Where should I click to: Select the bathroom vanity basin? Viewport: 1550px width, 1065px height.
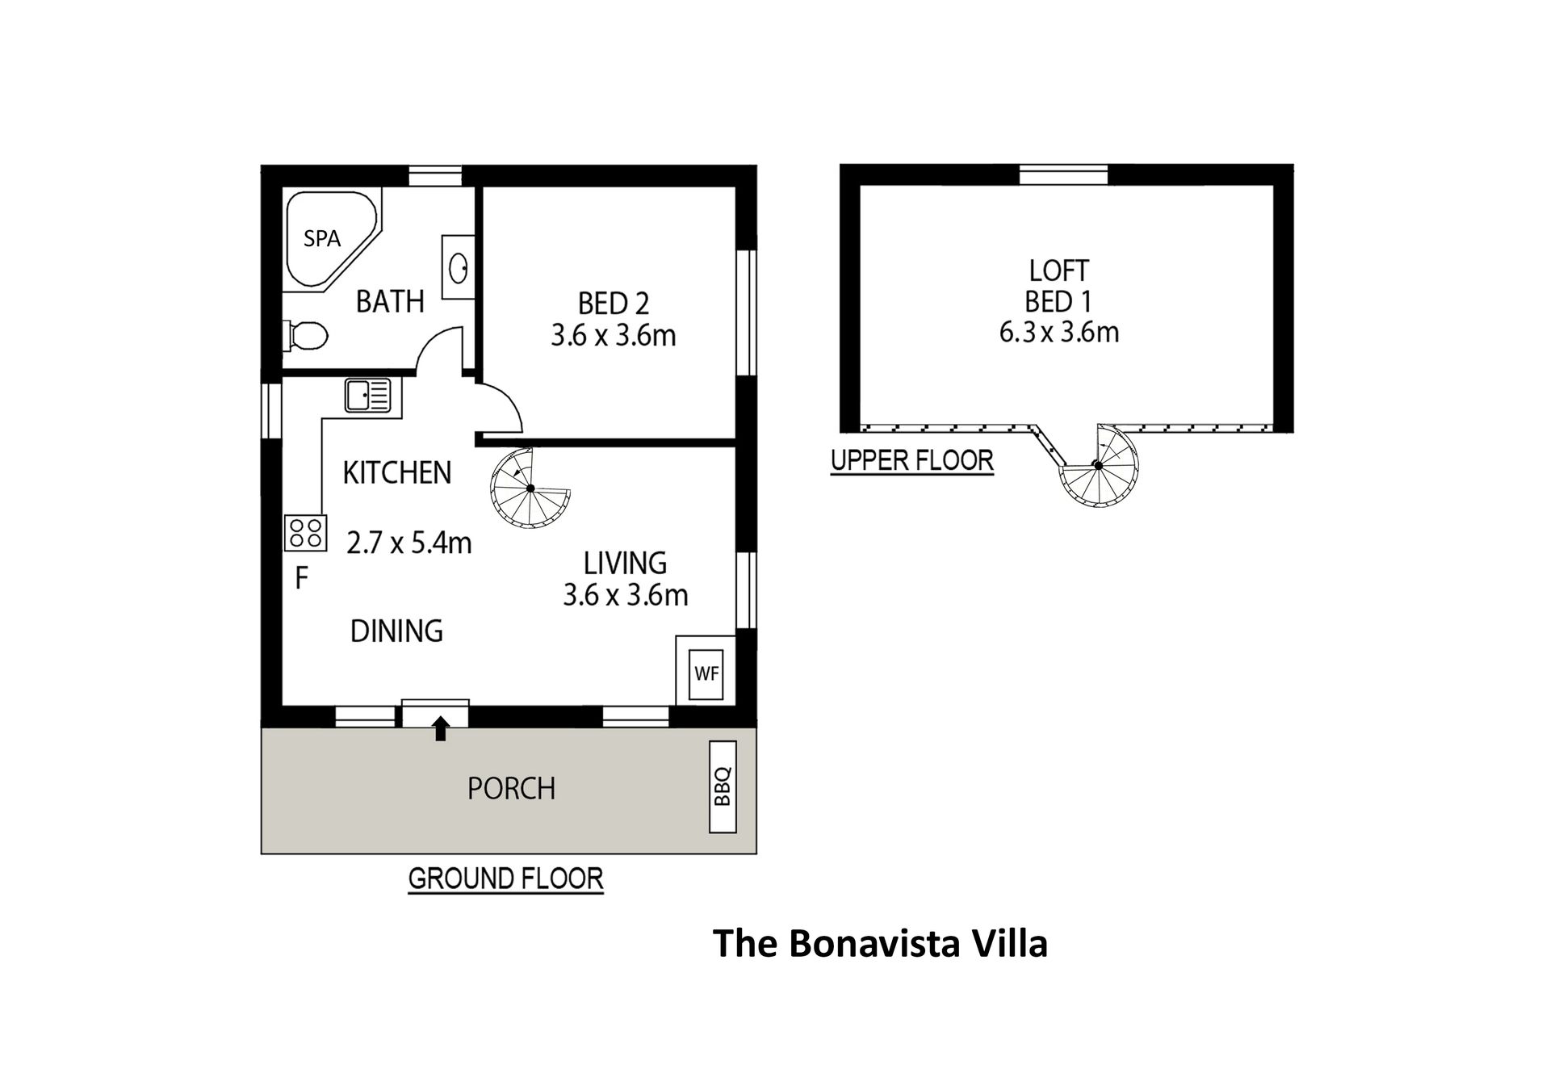tap(458, 267)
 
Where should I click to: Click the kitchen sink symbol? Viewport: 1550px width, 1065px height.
tap(368, 396)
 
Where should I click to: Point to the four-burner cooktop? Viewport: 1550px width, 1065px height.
tap(305, 533)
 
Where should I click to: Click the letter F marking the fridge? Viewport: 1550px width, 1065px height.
tap(302, 578)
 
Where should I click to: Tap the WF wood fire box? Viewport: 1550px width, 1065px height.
tap(706, 672)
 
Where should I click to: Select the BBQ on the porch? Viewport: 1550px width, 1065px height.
tap(723, 786)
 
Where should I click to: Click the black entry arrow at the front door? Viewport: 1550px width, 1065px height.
tap(440, 728)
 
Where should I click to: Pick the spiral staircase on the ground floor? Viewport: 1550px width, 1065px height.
tap(530, 488)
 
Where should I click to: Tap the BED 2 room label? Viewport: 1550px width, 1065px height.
tap(614, 304)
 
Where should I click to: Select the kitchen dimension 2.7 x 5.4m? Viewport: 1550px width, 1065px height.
tap(409, 543)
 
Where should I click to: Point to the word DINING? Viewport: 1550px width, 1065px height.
tap(396, 631)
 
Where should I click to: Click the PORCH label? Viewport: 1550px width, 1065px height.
tap(511, 788)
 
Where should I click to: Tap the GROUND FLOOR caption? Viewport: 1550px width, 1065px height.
tap(506, 878)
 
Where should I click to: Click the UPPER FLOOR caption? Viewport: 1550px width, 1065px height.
tap(912, 460)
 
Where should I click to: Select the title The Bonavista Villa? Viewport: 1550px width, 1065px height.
tap(881, 943)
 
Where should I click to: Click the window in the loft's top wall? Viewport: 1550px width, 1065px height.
tap(1064, 174)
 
